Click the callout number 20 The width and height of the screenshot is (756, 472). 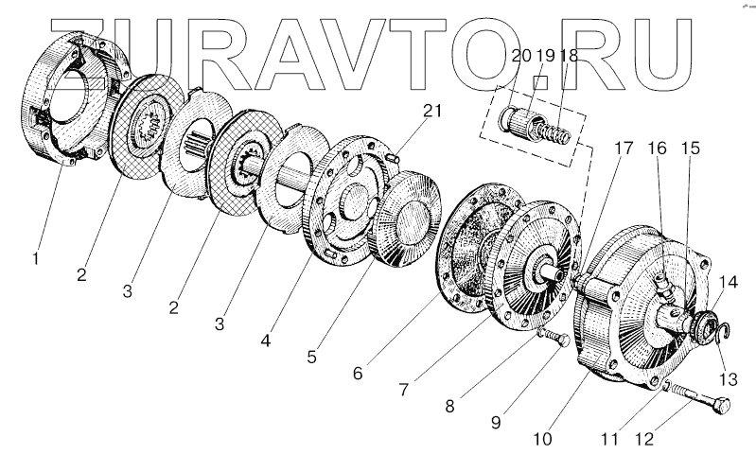pos(519,56)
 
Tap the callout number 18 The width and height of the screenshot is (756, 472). pos(569,56)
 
